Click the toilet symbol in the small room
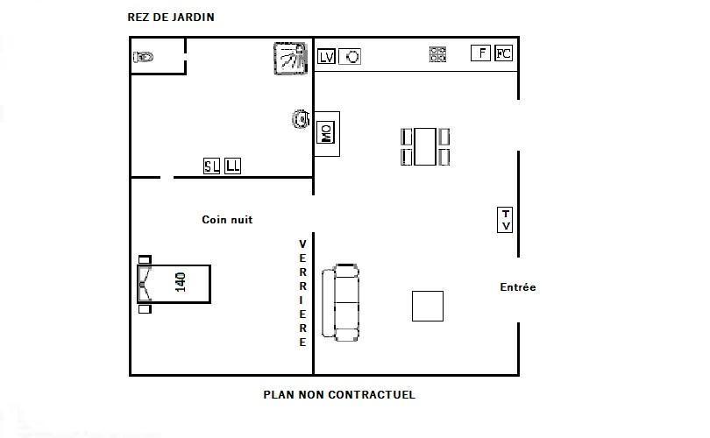pos(143,57)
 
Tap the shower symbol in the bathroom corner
pos(290,59)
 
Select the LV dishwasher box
pos(326,57)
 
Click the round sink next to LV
pos(350,57)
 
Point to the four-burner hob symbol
pos(437,54)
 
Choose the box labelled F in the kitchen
pos(480,53)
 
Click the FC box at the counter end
pos(503,53)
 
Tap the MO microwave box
pos(325,132)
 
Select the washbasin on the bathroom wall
pos(301,119)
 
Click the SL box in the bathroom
pos(211,166)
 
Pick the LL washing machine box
pos(233,166)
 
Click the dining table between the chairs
pos(425,146)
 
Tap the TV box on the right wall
pos(505,220)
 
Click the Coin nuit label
pos(227,220)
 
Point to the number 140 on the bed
pos(181,282)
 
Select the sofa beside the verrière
pos(340,302)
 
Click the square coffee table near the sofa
pos(428,306)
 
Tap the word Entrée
pos(517,286)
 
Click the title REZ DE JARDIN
pos(171,18)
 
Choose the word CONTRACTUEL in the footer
pos(372,394)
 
